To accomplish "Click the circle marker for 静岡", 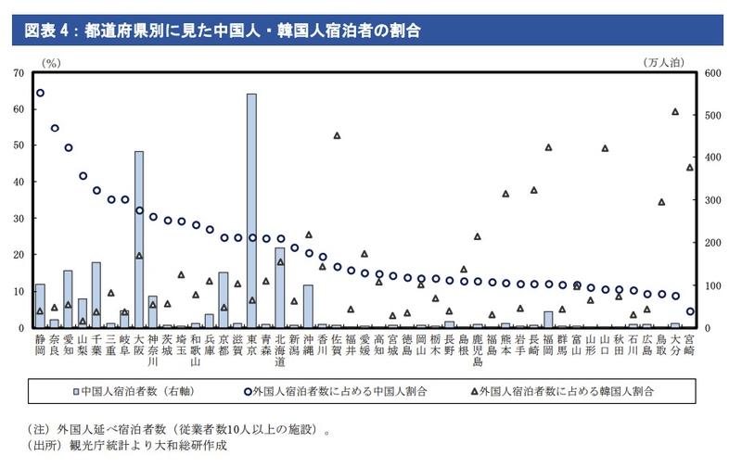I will (x=40, y=93).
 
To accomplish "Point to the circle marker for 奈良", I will (x=55, y=128).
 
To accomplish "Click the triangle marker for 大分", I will (x=675, y=111).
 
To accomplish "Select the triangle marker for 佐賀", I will (x=337, y=135).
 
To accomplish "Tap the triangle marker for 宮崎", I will (x=689, y=167).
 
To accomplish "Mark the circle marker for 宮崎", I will (x=689, y=311).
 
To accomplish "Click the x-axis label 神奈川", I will (x=153, y=350).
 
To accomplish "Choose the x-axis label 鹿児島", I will (x=478, y=350).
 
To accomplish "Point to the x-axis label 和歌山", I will (x=196, y=350).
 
